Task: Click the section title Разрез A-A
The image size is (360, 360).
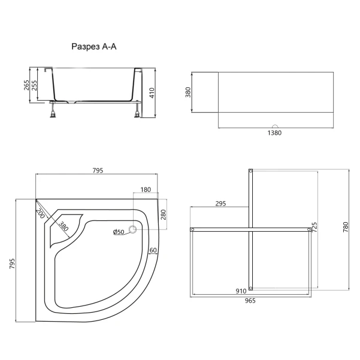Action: tap(94, 47)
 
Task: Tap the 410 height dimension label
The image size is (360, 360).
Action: tap(152, 93)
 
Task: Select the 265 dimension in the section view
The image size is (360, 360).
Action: tap(26, 85)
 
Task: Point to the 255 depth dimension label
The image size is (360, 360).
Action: tap(34, 85)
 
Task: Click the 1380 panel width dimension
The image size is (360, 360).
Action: tap(274, 133)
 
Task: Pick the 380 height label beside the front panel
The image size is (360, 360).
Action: tap(188, 92)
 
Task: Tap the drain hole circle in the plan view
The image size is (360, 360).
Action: tap(133, 229)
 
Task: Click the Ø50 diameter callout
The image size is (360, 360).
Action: tap(119, 232)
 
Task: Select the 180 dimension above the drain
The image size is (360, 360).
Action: tap(146, 190)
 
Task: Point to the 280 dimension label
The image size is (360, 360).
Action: tap(164, 214)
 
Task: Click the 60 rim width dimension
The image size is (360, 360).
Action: tap(153, 250)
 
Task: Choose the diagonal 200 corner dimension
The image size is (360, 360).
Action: tap(40, 213)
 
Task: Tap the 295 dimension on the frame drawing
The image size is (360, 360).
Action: tap(220, 204)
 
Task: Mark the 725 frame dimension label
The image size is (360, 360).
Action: tap(314, 227)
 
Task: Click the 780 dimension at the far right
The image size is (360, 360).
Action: tap(346, 227)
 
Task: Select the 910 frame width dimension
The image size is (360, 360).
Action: tap(241, 291)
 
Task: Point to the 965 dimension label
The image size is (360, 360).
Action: tap(250, 301)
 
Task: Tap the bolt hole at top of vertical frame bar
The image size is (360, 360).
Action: tap(251, 171)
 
